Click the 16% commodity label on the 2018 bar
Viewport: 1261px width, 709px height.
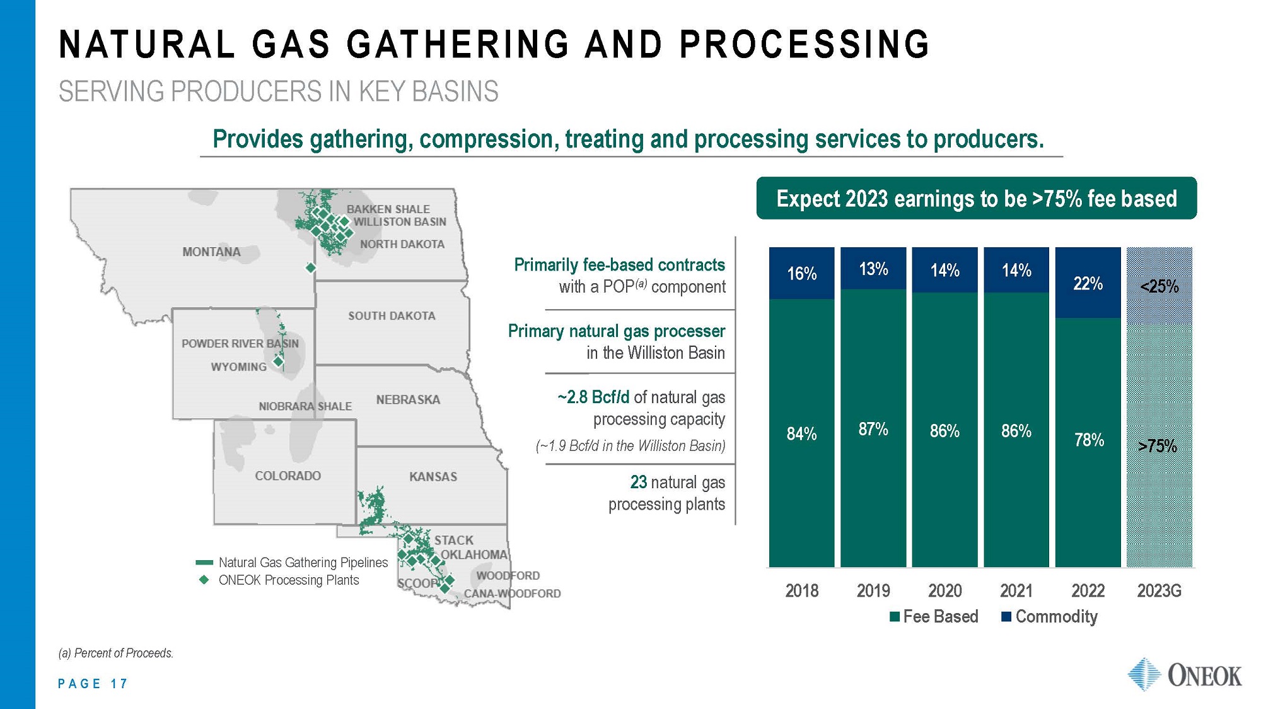click(801, 274)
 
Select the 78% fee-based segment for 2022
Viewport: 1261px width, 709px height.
click(1088, 440)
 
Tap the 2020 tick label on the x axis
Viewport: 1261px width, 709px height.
click(944, 591)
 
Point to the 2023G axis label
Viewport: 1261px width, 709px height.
click(1159, 591)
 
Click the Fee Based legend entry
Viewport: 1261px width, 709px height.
click(934, 617)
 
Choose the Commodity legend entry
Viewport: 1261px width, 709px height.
click(1049, 617)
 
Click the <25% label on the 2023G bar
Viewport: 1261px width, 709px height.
click(1159, 287)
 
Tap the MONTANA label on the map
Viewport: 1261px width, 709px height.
click(211, 252)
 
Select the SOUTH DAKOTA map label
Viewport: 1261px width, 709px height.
click(392, 316)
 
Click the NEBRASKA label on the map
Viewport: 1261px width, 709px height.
click(408, 400)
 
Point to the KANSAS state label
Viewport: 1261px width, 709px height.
click(433, 477)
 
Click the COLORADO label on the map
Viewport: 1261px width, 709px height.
click(288, 476)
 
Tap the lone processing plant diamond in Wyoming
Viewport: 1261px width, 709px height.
click(278, 362)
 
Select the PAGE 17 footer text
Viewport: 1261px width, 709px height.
click(93, 684)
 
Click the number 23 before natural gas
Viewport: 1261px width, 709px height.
click(638, 483)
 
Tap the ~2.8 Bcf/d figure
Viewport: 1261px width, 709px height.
click(593, 397)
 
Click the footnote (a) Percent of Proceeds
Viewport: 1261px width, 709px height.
click(115, 653)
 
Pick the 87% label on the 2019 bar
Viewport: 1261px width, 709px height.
click(873, 430)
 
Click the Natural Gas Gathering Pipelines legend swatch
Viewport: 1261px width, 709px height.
click(204, 563)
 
